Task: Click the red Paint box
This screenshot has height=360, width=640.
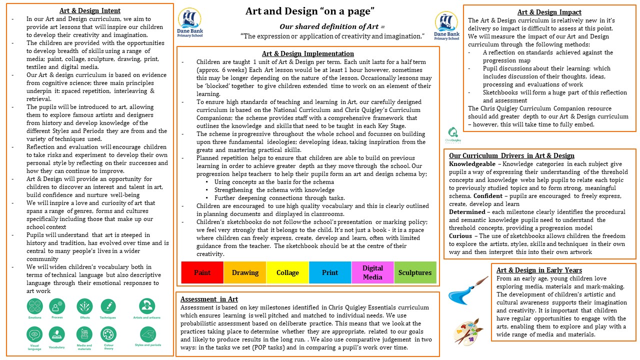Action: click(202, 272)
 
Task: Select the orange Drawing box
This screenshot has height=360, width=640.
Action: click(245, 272)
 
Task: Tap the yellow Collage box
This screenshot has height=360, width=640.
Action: click(287, 272)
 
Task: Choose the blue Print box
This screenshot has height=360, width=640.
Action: click(330, 272)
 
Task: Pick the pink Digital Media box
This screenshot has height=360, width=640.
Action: click(372, 272)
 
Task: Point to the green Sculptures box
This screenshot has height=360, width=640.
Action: click(415, 272)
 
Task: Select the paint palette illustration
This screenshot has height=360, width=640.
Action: click(468, 331)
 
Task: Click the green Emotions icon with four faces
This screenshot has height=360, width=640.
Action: click(35, 306)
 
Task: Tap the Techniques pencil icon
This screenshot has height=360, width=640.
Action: click(108, 306)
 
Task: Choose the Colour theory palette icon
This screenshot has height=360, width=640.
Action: click(108, 334)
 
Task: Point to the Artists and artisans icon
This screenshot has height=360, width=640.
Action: click(147, 306)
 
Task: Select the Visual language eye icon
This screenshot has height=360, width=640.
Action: click(35, 334)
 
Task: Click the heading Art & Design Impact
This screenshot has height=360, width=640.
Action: click(549, 12)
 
